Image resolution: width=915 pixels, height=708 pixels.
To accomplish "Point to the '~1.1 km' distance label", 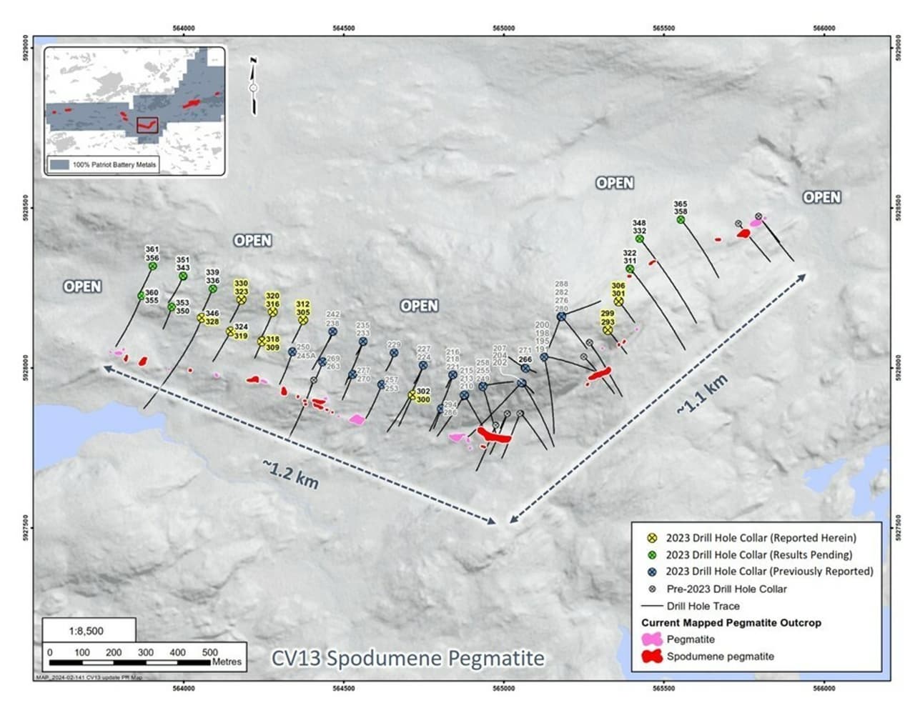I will tap(703, 394).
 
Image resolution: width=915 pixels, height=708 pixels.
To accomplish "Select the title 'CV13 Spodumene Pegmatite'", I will tap(407, 658).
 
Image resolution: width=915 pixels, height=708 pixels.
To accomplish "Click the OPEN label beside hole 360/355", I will tap(82, 286).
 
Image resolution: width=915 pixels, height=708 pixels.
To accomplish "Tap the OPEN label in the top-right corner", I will tap(821, 197).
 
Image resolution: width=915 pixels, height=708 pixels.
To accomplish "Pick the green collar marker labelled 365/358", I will tap(681, 220).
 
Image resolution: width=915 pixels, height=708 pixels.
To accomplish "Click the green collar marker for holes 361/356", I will tap(152, 266).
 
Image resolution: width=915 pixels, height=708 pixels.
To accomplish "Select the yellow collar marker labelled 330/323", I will tap(241, 300).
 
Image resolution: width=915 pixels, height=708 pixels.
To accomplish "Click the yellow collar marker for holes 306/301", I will tap(618, 302).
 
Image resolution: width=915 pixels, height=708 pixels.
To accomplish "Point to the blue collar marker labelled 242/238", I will tap(332, 331).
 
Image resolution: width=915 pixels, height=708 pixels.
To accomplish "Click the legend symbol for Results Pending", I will tap(652, 554).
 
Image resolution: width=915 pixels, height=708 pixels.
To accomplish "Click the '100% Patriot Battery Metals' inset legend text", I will tap(114, 164).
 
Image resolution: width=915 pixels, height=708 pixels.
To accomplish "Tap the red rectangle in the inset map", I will tap(147, 126).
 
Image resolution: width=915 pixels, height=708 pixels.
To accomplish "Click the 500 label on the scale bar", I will tap(209, 652).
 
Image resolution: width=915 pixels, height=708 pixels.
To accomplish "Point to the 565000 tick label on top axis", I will tap(503, 28).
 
